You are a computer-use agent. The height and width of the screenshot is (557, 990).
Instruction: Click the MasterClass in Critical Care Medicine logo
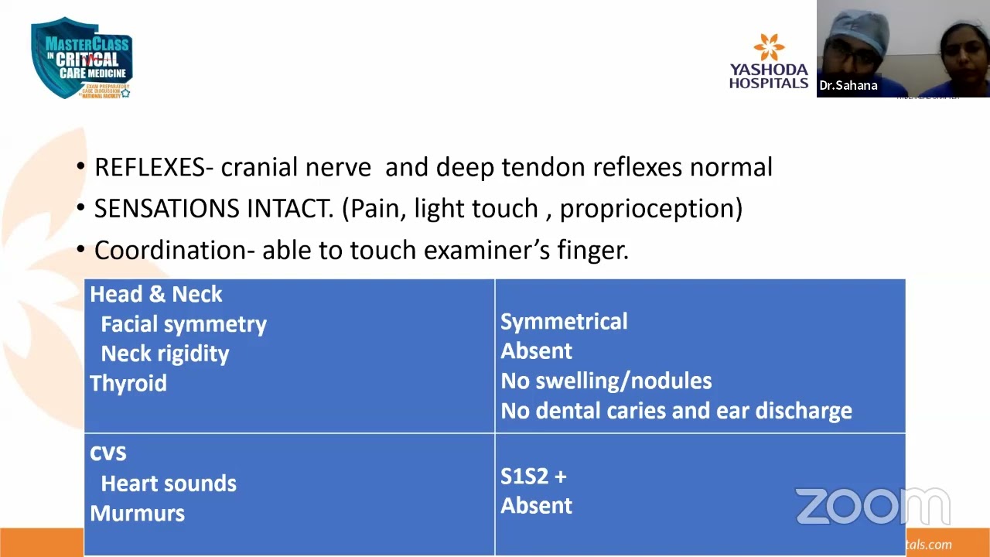(82, 59)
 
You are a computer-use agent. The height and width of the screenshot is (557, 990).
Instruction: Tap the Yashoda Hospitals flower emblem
(769, 46)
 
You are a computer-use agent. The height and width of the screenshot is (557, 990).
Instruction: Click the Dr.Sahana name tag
(848, 86)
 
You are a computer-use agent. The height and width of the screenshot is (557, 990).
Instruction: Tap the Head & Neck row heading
(155, 294)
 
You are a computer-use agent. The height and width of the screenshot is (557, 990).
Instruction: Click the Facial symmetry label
(183, 324)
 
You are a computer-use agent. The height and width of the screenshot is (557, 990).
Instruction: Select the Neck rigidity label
(165, 354)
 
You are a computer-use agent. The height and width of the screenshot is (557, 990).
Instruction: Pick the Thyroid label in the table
(128, 383)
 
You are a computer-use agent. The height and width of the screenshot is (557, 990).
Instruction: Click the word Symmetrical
(564, 322)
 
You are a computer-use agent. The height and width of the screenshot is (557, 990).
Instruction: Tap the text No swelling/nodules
(606, 381)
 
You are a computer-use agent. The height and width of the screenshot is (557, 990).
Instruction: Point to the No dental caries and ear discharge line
(676, 411)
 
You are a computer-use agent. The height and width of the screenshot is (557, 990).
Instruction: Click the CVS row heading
(108, 453)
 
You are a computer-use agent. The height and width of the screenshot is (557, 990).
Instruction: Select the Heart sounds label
(168, 484)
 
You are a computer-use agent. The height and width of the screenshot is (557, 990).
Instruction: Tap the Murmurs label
(137, 513)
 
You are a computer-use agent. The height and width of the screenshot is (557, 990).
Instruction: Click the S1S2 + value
(533, 477)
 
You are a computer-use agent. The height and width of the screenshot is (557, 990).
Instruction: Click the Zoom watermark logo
(872, 507)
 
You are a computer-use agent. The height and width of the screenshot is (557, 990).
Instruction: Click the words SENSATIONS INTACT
(213, 209)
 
